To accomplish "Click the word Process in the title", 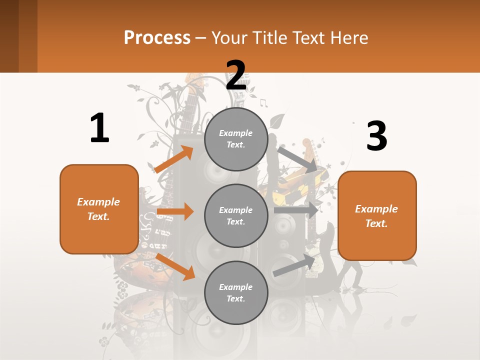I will (157, 37).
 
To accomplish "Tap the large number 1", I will (99, 128).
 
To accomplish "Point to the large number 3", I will (376, 136).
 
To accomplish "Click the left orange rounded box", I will (99, 209).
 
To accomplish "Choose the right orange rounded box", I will (377, 215).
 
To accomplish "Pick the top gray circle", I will (236, 139).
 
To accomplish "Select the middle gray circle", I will (236, 215).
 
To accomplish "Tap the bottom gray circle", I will (236, 292).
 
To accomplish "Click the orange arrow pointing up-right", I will (174, 159).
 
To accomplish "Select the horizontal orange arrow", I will (175, 211).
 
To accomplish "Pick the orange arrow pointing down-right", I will (175, 266).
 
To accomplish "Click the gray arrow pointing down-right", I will (297, 159).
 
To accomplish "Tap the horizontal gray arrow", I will (296, 210).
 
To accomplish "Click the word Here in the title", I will (349, 37).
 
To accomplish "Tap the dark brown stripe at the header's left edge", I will (9, 36).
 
